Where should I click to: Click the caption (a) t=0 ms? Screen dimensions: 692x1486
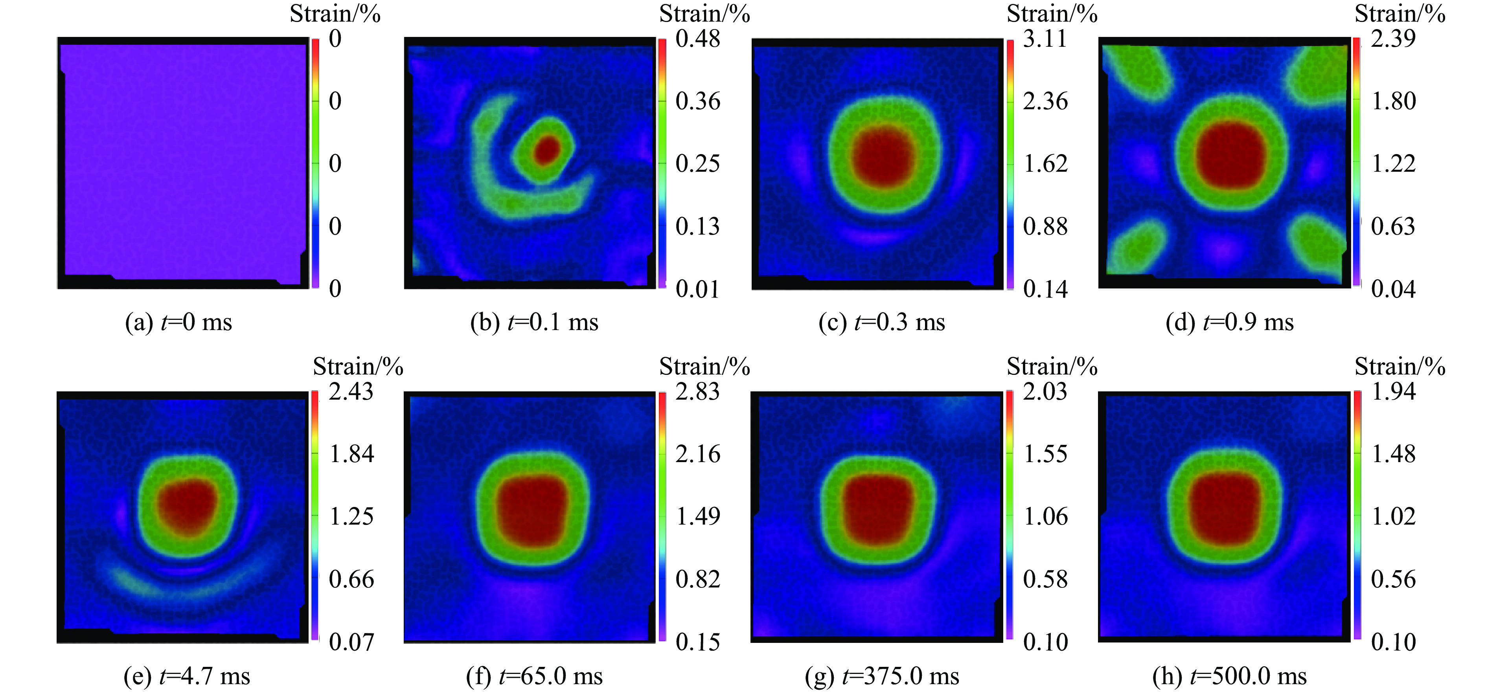click(178, 322)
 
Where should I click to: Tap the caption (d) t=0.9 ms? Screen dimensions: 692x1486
click(1229, 322)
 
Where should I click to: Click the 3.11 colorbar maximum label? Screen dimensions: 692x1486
click(1045, 39)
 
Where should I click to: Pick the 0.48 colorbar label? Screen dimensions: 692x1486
click(697, 39)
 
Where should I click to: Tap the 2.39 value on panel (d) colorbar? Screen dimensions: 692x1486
click(1392, 39)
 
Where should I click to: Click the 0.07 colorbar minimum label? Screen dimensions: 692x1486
click(351, 641)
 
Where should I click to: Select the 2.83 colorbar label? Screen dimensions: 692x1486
click(697, 391)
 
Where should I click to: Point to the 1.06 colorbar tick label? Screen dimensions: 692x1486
click(1045, 516)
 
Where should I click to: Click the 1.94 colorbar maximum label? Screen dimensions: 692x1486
click(1392, 391)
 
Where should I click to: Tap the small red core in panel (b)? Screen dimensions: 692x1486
click(546, 149)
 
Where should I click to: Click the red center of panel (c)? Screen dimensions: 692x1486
click(884, 157)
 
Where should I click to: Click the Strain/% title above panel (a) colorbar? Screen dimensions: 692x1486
click(335, 14)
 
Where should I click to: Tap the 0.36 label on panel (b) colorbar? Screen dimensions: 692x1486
click(697, 101)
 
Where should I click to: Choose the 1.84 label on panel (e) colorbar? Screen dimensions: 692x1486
click(351, 454)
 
